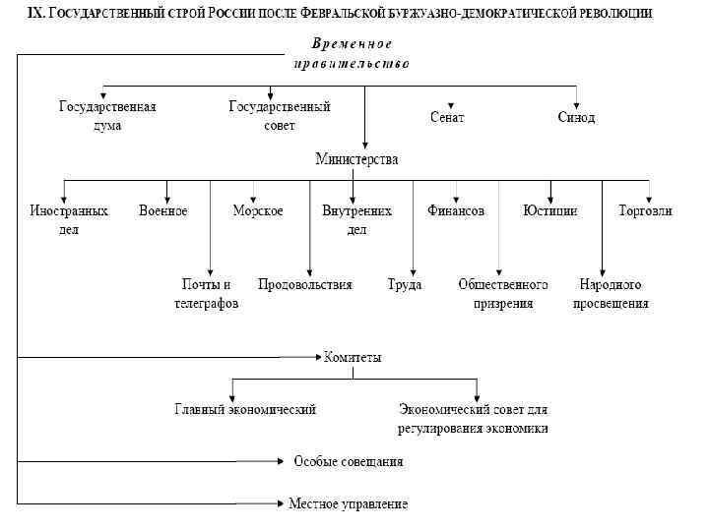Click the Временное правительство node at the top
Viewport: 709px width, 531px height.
(352, 53)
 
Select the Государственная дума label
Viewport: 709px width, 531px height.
(107, 116)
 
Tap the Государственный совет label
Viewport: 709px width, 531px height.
(280, 116)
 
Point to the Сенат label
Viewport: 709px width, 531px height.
(447, 117)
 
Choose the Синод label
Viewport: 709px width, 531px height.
(576, 117)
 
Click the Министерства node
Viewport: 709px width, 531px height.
(356, 158)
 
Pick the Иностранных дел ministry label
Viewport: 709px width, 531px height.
(69, 219)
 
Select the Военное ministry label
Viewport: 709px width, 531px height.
(163, 210)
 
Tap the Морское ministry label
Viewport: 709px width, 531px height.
(258, 210)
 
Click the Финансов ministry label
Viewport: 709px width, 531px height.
(456, 210)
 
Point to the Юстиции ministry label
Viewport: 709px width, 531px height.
(550, 210)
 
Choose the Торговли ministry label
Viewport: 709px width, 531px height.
(646, 210)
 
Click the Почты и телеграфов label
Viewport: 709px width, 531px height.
(207, 294)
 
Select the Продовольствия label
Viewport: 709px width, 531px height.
(305, 285)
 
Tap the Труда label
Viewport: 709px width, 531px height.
(405, 285)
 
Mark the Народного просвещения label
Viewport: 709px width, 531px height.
(611, 294)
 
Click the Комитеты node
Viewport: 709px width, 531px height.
(353, 358)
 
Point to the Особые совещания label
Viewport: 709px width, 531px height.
(349, 461)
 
